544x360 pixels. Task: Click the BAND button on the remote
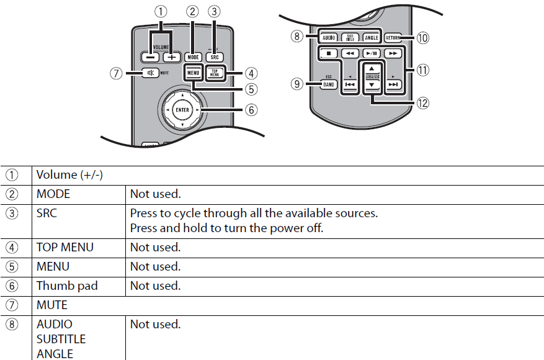(328, 85)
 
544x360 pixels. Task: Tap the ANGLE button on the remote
(370, 38)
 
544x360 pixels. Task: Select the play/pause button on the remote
(370, 54)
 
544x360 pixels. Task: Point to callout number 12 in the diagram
(423, 104)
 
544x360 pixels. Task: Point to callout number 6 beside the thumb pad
(251, 110)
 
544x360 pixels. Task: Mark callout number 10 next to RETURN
(422, 38)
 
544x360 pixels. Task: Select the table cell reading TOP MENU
(65, 247)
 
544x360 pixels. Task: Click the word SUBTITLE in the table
(61, 339)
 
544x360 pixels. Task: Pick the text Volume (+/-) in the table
(69, 175)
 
